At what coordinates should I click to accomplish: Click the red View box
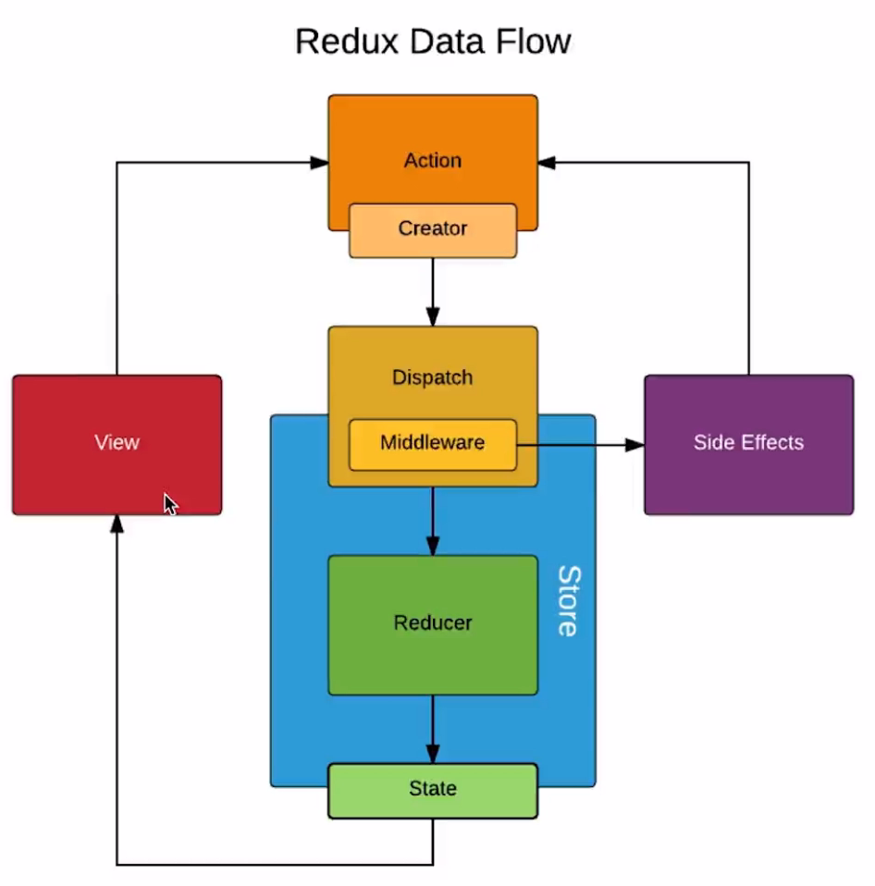click(x=117, y=445)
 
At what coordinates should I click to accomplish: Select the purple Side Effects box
click(x=749, y=445)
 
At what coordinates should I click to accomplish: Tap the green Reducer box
click(x=433, y=625)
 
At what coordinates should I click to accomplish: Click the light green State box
click(x=433, y=791)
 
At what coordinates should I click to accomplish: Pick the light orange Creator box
click(x=433, y=230)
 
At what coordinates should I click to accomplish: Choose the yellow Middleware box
click(x=433, y=445)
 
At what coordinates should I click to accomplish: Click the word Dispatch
click(x=433, y=377)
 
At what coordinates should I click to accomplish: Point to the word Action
click(x=433, y=161)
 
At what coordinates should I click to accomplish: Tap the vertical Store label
click(x=569, y=601)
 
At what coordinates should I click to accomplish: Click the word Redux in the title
click(x=347, y=42)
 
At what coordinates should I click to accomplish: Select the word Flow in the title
click(x=533, y=42)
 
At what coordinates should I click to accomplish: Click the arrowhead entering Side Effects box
click(x=635, y=445)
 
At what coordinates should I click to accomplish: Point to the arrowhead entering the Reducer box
click(x=433, y=547)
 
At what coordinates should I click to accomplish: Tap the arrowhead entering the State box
click(x=433, y=755)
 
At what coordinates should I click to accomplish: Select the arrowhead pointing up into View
click(x=117, y=523)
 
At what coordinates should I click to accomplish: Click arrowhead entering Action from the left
click(x=319, y=163)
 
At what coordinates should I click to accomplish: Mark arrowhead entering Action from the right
click(x=547, y=163)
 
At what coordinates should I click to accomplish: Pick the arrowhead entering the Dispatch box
click(x=433, y=317)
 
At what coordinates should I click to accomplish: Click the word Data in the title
click(x=447, y=42)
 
